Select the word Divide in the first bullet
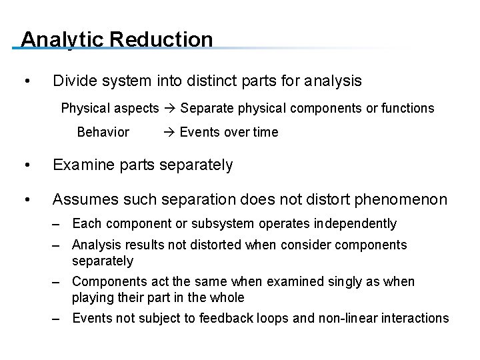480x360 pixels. (x=74, y=81)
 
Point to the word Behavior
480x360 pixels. (x=103, y=132)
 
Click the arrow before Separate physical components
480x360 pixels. (x=169, y=108)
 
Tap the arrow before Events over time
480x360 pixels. (x=169, y=132)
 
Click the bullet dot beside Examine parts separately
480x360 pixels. (x=25, y=165)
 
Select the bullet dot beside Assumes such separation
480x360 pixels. (x=25, y=199)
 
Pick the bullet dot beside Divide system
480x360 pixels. (x=25, y=82)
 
